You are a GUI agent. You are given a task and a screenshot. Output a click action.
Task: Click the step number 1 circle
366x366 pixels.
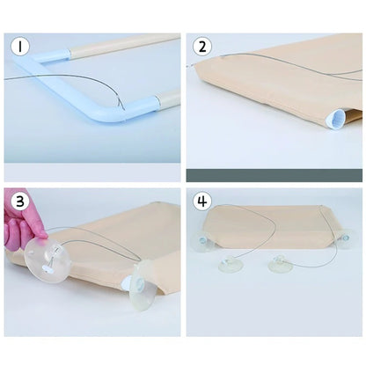click(x=18, y=47)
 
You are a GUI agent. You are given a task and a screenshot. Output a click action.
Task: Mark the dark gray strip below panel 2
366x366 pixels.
click(x=274, y=174)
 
